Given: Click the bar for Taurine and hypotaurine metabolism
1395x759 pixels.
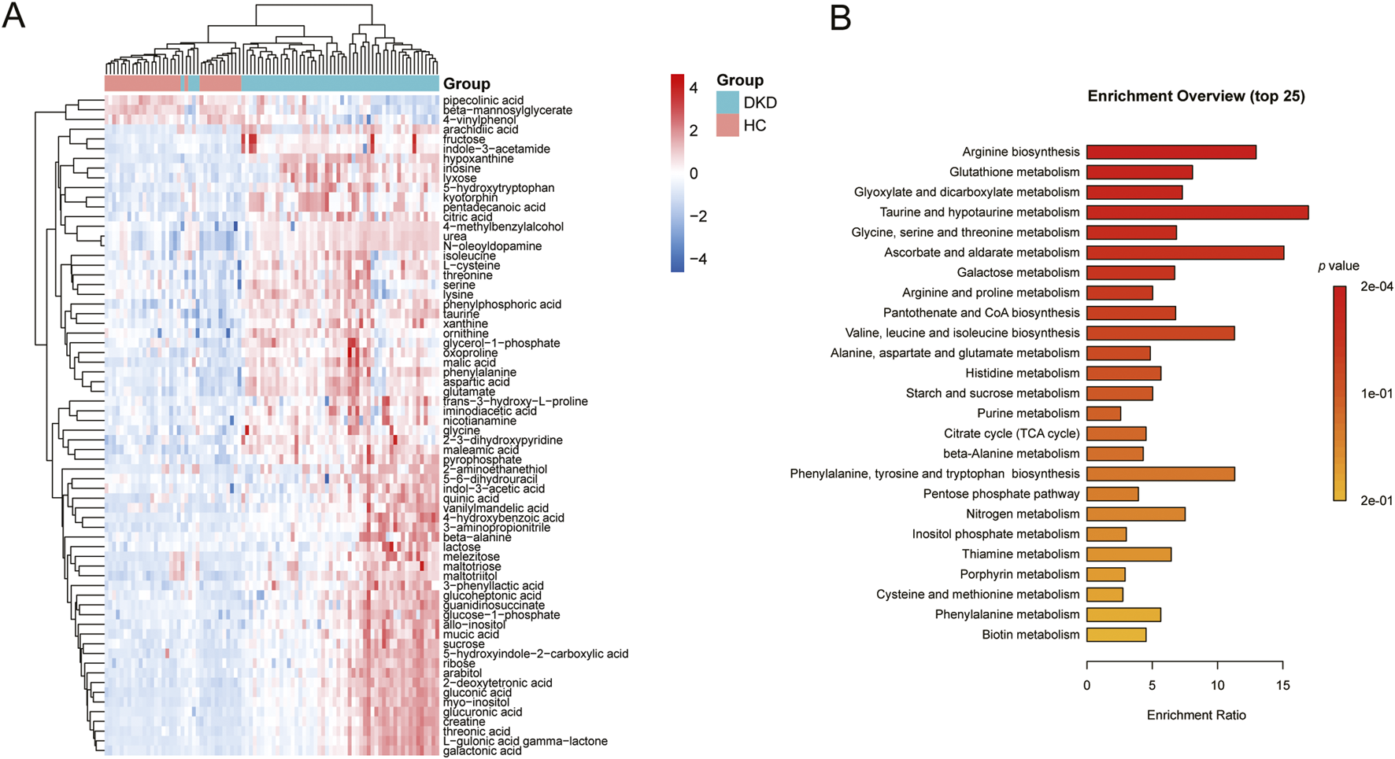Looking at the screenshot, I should [1197, 212].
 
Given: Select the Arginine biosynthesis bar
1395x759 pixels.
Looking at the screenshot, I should [1171, 152].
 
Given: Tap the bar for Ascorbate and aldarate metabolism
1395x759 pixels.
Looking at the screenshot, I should [1185, 252].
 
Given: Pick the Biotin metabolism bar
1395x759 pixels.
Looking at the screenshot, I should [1116, 635].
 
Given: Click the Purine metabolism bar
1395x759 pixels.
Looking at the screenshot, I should [1104, 414].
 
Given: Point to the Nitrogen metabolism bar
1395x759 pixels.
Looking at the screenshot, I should [1135, 514].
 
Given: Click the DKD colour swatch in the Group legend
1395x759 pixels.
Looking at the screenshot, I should [727, 103].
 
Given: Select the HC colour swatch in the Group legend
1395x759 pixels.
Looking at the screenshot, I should [727, 126].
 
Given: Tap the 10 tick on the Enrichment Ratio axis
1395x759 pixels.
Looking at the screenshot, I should [1218, 686].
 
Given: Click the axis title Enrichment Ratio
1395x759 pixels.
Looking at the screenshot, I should [1196, 715].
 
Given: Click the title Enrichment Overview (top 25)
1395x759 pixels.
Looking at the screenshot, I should [1196, 97].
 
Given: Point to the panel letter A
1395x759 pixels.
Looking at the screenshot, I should [14, 16].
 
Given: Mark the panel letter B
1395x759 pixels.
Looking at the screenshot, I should [840, 17].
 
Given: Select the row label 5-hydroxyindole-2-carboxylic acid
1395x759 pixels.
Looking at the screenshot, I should [535, 654].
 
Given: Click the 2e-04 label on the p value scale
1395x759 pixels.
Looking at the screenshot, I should [1376, 287].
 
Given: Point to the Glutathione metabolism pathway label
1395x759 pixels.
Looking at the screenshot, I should [1014, 172].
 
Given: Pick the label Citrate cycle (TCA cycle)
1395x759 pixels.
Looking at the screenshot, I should [1012, 433].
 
